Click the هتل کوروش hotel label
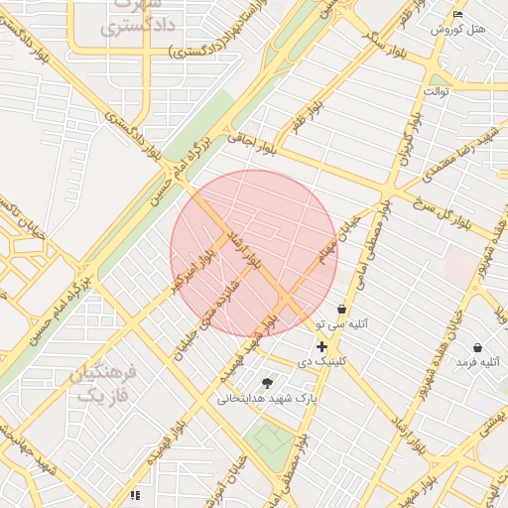coord(457,30)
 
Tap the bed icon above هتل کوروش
coord(457,14)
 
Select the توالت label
coord(437,91)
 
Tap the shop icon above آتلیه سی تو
coord(342,309)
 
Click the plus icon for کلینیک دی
coord(321,346)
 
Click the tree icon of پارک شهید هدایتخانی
coord(267,383)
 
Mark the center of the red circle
coord(254,253)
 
